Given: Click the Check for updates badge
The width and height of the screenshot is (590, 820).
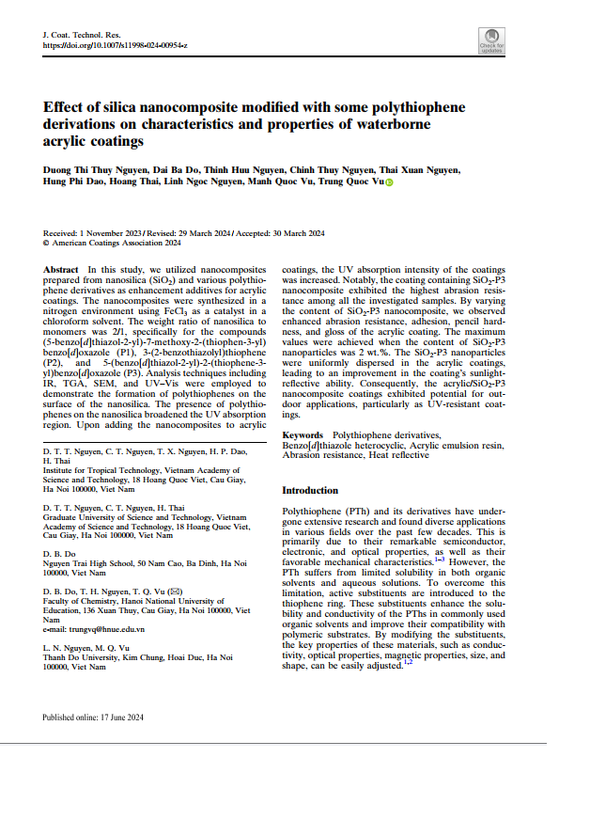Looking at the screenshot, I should (x=490, y=41).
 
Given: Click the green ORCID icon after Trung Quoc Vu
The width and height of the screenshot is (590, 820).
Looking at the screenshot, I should (x=389, y=181).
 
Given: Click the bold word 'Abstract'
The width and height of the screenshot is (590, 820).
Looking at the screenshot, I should (x=61, y=270).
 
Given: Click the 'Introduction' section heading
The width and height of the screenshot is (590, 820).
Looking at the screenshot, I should (x=310, y=491).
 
